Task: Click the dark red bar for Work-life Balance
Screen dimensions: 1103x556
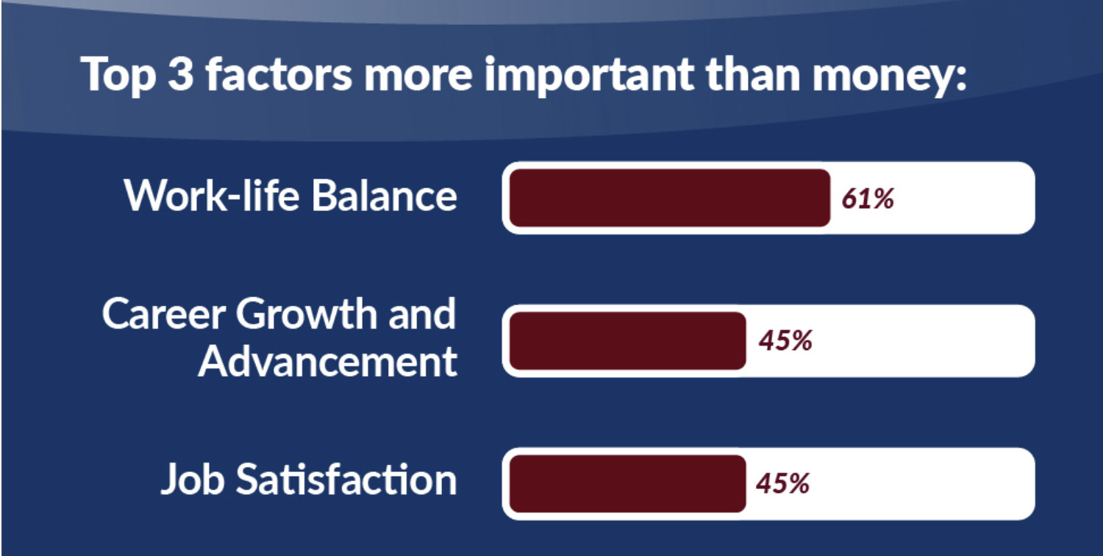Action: (670, 198)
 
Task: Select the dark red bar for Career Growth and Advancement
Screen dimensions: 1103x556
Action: (628, 341)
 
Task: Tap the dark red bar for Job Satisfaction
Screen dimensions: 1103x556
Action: (628, 484)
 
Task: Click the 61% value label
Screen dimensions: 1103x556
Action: (868, 199)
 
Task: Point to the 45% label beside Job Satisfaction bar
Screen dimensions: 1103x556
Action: (783, 483)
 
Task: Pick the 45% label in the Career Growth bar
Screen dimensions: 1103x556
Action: (785, 341)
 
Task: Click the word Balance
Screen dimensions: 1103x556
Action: (385, 196)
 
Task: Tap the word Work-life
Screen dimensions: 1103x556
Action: (213, 196)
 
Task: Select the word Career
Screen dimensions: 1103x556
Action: (164, 314)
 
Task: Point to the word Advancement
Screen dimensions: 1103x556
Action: (328, 362)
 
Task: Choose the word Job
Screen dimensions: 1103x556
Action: (193, 479)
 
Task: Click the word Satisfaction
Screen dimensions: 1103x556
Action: (346, 478)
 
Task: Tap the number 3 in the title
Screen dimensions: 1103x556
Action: (180, 74)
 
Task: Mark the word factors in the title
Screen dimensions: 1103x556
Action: (279, 74)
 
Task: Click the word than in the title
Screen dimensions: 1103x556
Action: (754, 74)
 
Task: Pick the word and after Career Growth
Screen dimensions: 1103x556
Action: (422, 314)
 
